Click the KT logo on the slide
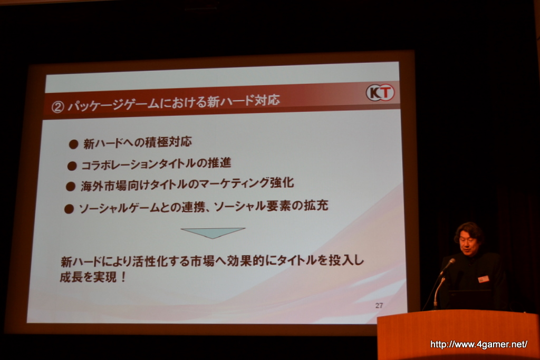tap(380, 93)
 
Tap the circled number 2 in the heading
tap(58, 107)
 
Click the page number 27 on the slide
tap(379, 305)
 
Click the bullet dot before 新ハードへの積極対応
tap(73, 144)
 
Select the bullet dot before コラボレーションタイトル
tap(72, 166)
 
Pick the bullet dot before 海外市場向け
tap(71, 187)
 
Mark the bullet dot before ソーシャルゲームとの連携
tap(69, 209)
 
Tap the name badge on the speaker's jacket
tap(484, 279)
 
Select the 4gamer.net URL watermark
tap(479, 344)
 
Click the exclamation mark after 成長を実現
tap(124, 277)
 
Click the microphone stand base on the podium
tap(436, 306)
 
